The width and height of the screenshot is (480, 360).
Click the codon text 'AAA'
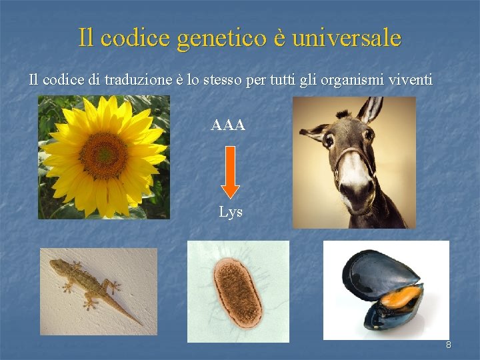tap(228, 125)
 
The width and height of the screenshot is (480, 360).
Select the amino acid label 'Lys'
tap(231, 213)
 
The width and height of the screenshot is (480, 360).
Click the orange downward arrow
tap(230, 172)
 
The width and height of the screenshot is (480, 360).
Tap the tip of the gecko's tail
tap(141, 324)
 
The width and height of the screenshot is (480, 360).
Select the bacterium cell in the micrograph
tap(235, 292)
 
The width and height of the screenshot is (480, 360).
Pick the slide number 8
tap(448, 345)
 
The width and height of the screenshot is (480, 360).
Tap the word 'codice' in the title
tap(136, 37)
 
